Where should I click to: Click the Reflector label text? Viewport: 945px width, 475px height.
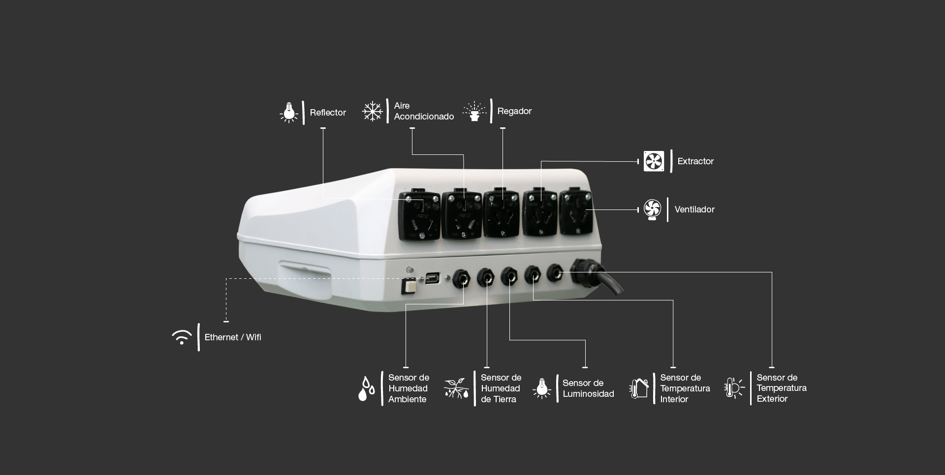tap(328, 113)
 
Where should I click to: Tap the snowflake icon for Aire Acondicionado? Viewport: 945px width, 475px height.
tap(373, 111)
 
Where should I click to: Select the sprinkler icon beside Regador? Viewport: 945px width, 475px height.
tap(474, 112)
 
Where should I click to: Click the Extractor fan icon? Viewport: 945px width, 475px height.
tap(654, 161)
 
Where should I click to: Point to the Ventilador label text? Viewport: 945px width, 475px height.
tap(694, 209)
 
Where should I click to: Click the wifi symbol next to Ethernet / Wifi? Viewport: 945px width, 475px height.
tap(182, 337)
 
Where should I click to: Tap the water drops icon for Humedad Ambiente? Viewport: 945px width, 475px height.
tap(367, 388)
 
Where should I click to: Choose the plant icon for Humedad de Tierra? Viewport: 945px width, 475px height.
tap(456, 388)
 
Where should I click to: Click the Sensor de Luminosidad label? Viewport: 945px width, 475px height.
tap(588, 388)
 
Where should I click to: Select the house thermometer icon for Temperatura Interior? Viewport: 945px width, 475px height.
tap(639, 388)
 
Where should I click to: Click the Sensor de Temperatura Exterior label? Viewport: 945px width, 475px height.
tap(781, 388)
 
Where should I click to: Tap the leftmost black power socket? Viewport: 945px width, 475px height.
tap(419, 216)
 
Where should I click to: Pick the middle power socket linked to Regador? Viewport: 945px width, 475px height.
tap(501, 213)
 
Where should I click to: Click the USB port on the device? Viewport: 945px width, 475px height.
tap(433, 278)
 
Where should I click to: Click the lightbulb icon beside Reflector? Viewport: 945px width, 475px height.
tap(289, 113)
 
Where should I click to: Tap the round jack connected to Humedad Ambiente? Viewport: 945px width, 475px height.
tap(461, 279)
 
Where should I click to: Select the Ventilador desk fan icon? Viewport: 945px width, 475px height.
tap(653, 209)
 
